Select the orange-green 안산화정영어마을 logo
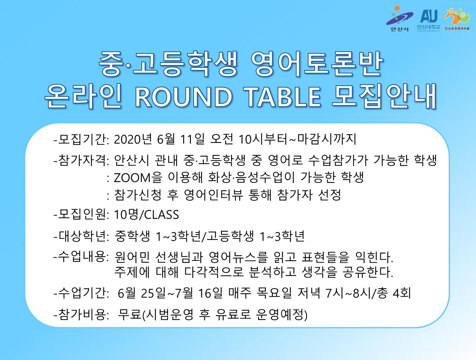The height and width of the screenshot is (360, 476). pos(457,19)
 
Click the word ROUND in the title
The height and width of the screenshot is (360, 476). pos(184,97)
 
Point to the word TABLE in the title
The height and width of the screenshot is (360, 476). pos(283,97)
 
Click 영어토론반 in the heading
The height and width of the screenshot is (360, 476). pos(317,64)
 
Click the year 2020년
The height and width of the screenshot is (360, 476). pos(133,139)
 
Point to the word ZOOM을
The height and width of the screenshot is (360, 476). pos(138,177)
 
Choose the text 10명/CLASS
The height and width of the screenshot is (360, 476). pos(146,215)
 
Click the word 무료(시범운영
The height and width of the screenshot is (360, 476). pos(156,315)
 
